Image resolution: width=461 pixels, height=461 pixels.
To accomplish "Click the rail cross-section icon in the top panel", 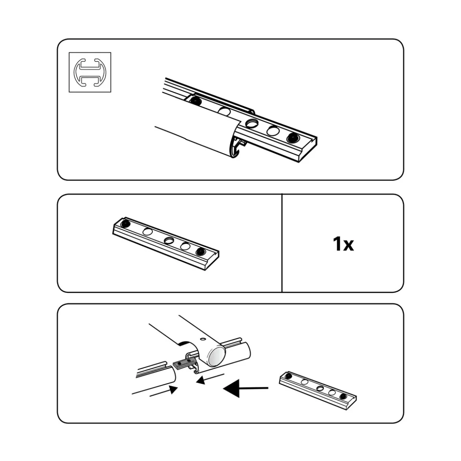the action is [90, 72].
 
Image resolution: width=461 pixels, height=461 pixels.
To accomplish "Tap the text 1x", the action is [344, 244].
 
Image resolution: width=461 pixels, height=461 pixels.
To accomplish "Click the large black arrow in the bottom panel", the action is [246, 389].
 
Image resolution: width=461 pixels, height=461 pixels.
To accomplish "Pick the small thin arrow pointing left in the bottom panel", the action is [210, 379].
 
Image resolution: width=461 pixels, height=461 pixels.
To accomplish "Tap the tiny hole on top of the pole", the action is [203, 339].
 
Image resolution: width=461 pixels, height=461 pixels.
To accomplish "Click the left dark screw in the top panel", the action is [195, 101].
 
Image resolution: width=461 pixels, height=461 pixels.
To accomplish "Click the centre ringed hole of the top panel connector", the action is [252, 123].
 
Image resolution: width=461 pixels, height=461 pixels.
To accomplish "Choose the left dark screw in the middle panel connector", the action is [126, 224].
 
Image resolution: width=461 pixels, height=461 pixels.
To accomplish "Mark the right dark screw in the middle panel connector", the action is [201, 251].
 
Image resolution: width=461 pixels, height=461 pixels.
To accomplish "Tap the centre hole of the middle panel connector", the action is [169, 240].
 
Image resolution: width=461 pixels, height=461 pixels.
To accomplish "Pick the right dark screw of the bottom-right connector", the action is [343, 397].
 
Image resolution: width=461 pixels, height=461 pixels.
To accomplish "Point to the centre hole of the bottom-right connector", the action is [320, 389].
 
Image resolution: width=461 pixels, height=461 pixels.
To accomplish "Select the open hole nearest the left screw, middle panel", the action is [148, 232].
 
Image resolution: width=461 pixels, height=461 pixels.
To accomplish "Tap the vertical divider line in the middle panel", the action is [282, 243].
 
